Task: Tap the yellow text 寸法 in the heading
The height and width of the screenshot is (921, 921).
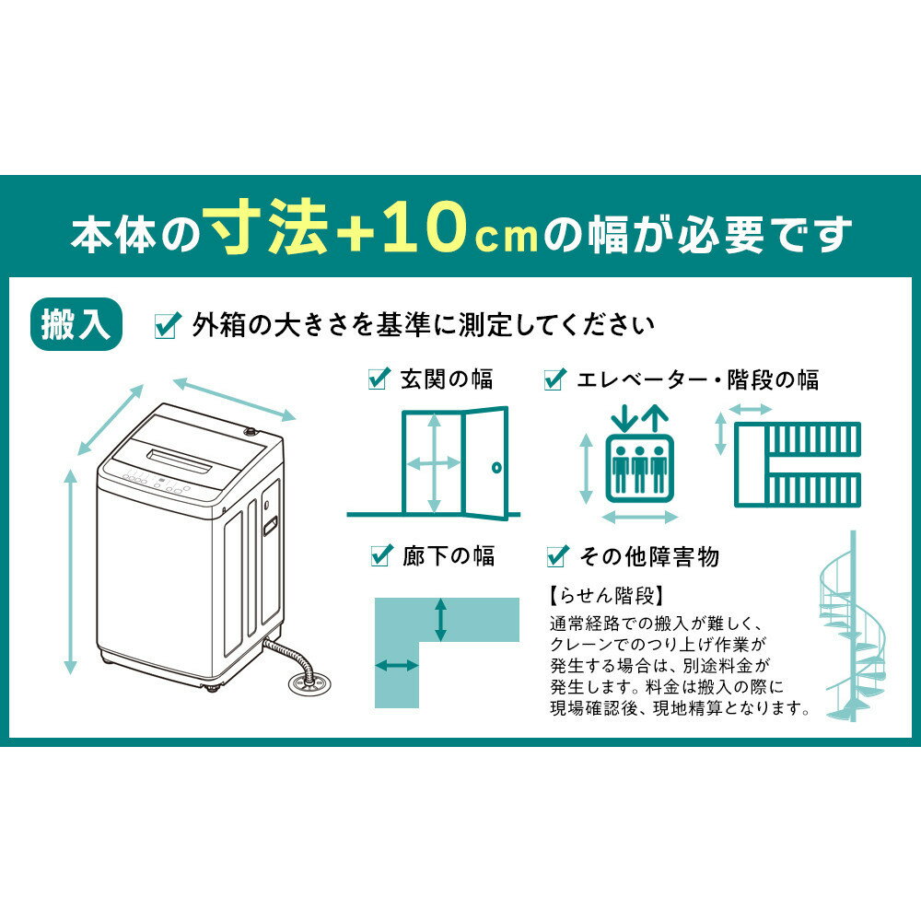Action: (x=267, y=231)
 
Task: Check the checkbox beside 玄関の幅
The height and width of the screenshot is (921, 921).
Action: (x=379, y=379)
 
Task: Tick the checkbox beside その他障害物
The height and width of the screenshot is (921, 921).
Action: (x=556, y=555)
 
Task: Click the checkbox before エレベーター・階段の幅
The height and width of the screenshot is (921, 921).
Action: (x=555, y=379)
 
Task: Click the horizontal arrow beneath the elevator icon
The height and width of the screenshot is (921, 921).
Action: (x=640, y=516)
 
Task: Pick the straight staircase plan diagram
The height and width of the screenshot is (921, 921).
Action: (x=798, y=465)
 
